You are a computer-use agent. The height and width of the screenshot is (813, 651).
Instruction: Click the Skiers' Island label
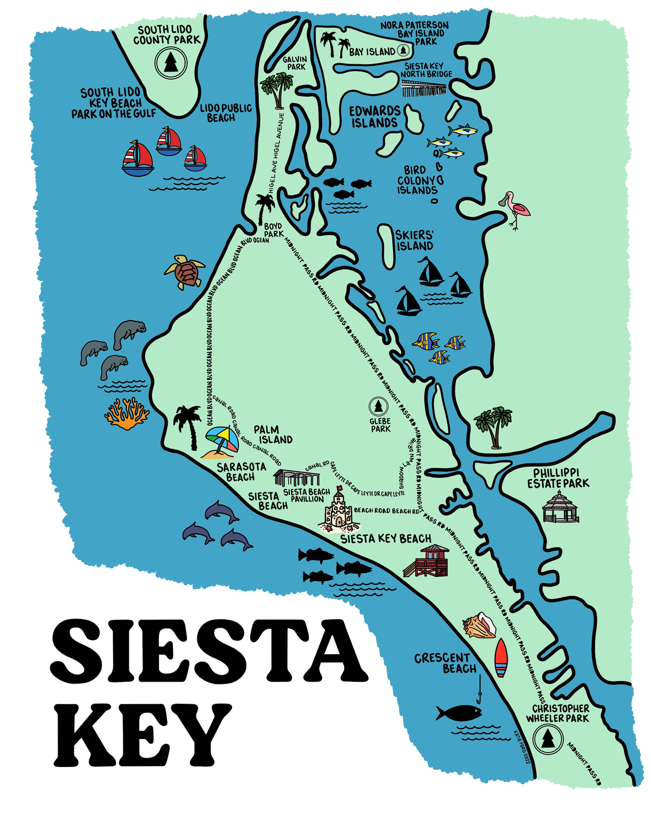point(414,241)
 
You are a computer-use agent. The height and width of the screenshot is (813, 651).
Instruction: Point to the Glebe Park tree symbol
point(378,406)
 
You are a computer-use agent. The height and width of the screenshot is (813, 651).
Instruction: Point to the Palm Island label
point(273,435)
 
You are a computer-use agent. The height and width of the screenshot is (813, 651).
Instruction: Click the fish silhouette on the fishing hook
point(459,713)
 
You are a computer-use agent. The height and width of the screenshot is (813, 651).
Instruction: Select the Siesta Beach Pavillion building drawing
point(297,478)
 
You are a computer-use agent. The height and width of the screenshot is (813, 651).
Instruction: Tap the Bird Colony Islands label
point(417,180)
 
